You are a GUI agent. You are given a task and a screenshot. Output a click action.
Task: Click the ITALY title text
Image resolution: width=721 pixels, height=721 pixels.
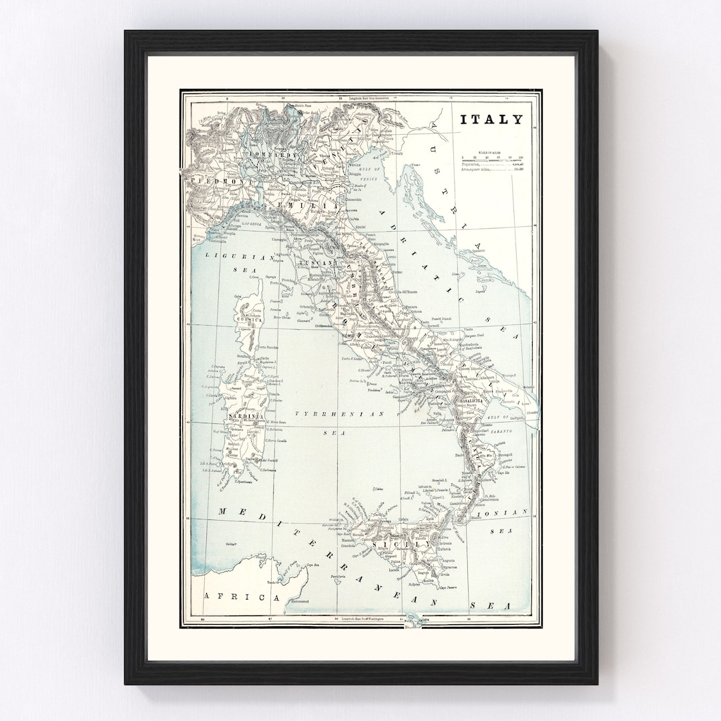[491, 120]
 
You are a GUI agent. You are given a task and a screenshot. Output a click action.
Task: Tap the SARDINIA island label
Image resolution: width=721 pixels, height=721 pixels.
[248, 417]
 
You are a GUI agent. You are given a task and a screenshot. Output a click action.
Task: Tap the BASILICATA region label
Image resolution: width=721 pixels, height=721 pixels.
[490, 401]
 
